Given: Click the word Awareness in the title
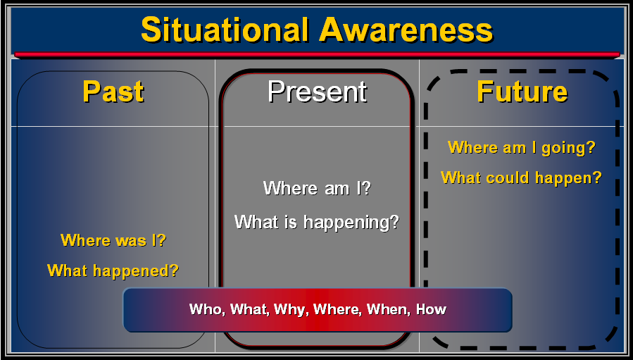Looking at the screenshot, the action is pyautogui.click(x=406, y=30).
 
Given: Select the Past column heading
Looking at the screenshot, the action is pyautogui.click(x=113, y=92).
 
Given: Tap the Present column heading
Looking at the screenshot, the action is pyautogui.click(x=318, y=92).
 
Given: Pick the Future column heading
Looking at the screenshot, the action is pyautogui.click(x=522, y=92).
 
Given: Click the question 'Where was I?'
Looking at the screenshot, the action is pyautogui.click(x=113, y=240).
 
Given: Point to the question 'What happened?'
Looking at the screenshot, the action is pyautogui.click(x=113, y=271).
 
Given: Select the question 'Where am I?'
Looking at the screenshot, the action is pyautogui.click(x=317, y=188).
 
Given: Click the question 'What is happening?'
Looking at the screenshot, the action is pyautogui.click(x=317, y=222).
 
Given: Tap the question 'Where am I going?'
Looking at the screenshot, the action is pyautogui.click(x=522, y=147).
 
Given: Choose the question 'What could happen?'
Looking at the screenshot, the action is pyautogui.click(x=521, y=178).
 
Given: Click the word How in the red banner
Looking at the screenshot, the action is pyautogui.click(x=431, y=309).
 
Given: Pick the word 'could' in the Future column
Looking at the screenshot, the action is pyautogui.click(x=511, y=178).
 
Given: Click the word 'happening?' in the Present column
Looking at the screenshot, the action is pyautogui.click(x=351, y=223).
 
